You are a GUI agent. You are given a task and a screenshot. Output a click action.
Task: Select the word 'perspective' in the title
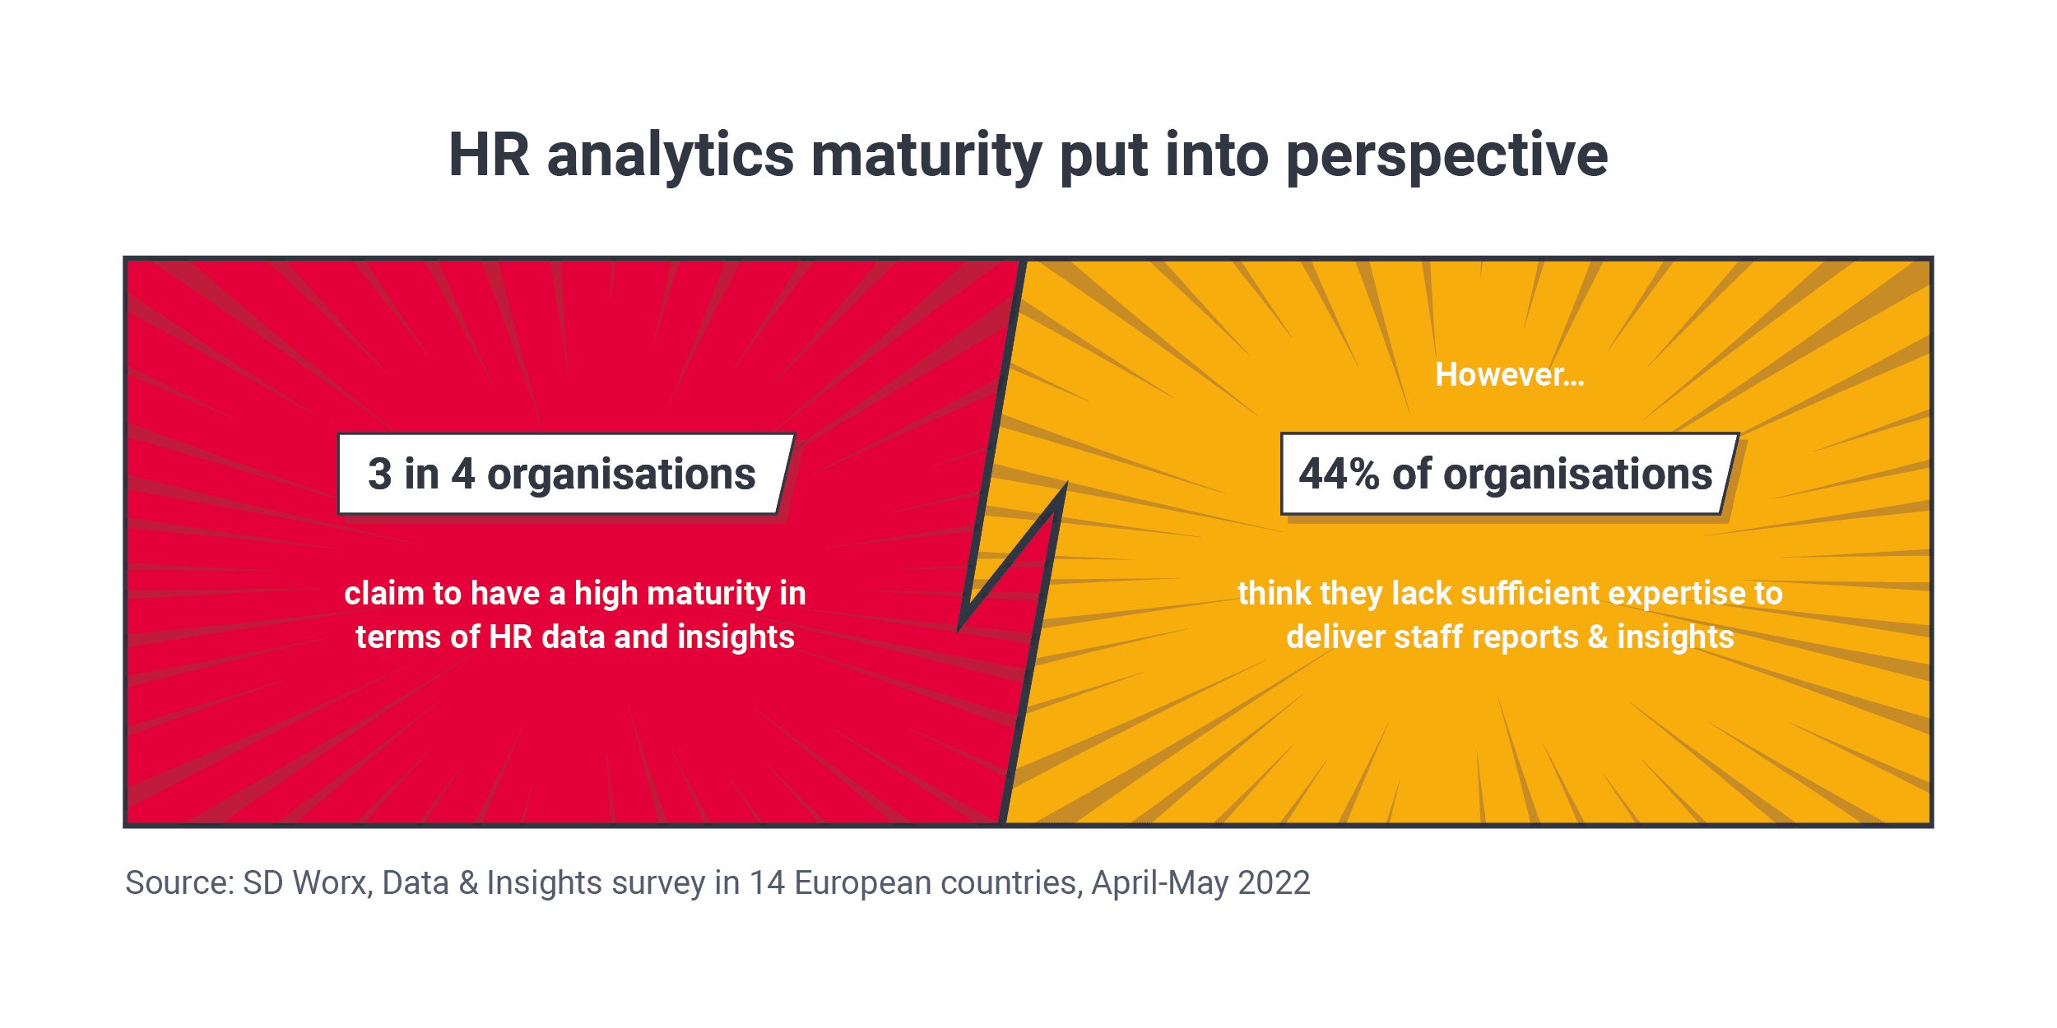1446,156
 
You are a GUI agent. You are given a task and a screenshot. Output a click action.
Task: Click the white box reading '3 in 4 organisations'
564,475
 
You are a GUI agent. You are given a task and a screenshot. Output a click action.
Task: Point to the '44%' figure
1339,475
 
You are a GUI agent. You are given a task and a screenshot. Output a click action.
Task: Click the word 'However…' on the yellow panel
1509,375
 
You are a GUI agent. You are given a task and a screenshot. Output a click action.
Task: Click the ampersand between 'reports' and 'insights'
1597,637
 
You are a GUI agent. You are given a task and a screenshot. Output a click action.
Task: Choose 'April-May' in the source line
1160,882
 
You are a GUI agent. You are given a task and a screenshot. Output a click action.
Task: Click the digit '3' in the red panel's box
379,475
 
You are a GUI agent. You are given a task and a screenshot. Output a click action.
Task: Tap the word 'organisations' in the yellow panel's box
1577,475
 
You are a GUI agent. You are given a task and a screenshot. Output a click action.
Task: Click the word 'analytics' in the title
671,156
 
